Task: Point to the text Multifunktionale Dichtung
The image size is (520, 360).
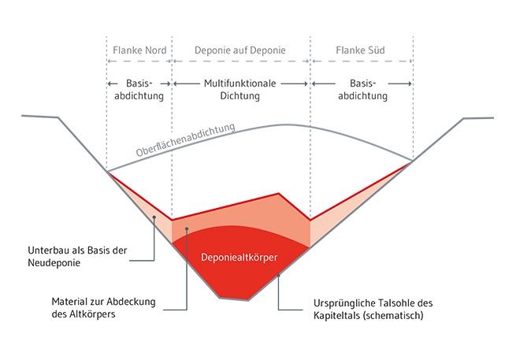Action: tap(241, 90)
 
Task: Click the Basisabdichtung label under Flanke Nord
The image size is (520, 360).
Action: tap(139, 90)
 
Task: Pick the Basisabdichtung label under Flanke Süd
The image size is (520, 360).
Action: tap(361, 90)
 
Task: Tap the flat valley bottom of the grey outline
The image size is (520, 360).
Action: tap(234, 300)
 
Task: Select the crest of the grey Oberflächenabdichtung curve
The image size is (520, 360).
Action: tap(285, 124)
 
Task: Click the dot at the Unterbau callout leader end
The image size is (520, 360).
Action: tap(154, 216)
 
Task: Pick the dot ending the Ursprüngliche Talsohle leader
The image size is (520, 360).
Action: tap(279, 276)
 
